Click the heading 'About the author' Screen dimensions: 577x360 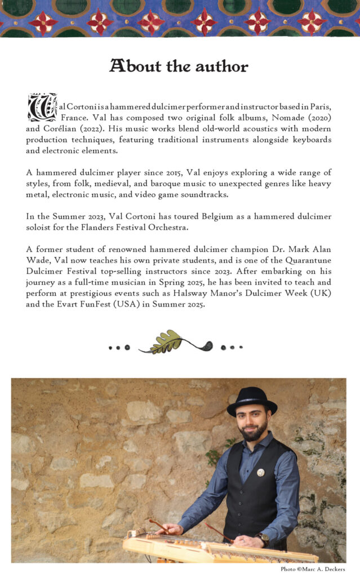179,66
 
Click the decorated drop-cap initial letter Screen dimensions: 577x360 42,107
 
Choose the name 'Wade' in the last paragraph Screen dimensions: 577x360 37,260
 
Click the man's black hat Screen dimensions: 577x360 252,401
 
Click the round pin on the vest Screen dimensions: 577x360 261,472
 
